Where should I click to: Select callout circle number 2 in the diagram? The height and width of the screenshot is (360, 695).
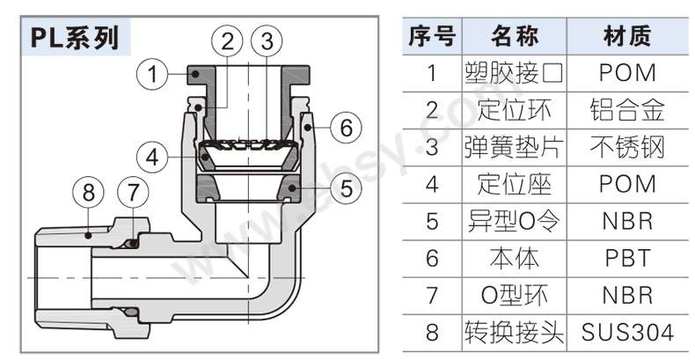tap(228, 40)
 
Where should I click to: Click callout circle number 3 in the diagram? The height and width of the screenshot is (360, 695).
tap(267, 40)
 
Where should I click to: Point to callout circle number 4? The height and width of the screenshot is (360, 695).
tap(153, 158)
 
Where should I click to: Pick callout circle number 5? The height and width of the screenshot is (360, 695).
tap(346, 187)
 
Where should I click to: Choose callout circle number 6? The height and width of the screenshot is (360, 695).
tap(346, 128)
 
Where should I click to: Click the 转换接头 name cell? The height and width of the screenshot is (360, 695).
tap(515, 333)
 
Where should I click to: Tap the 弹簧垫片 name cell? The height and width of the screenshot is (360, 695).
tap(515, 147)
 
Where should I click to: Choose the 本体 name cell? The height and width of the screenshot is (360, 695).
tap(515, 259)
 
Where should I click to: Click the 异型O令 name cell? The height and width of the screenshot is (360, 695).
tap(515, 221)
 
